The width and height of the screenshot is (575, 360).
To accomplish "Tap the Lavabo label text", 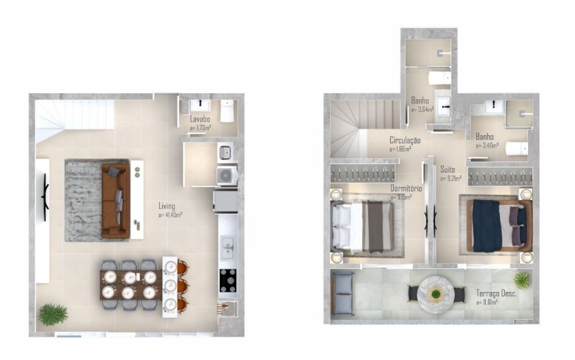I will coord(200,120).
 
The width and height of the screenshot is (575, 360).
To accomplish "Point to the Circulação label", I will coord(405,140).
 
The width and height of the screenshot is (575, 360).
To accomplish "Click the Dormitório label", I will coord(406,189).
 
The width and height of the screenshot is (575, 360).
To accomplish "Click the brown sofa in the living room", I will coord(115,200).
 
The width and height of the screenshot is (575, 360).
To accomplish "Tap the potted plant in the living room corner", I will coord(52,314).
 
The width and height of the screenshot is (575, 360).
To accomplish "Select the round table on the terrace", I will coord(436,294).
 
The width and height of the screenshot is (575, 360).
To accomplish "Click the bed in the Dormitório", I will coord(364,226).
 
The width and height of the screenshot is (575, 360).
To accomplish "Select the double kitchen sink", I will coord(227,247).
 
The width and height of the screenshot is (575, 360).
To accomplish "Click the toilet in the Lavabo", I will coord(227,111).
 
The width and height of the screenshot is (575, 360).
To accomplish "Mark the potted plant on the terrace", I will coord(522,280).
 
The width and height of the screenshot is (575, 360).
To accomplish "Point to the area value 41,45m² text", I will coord(170,214).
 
